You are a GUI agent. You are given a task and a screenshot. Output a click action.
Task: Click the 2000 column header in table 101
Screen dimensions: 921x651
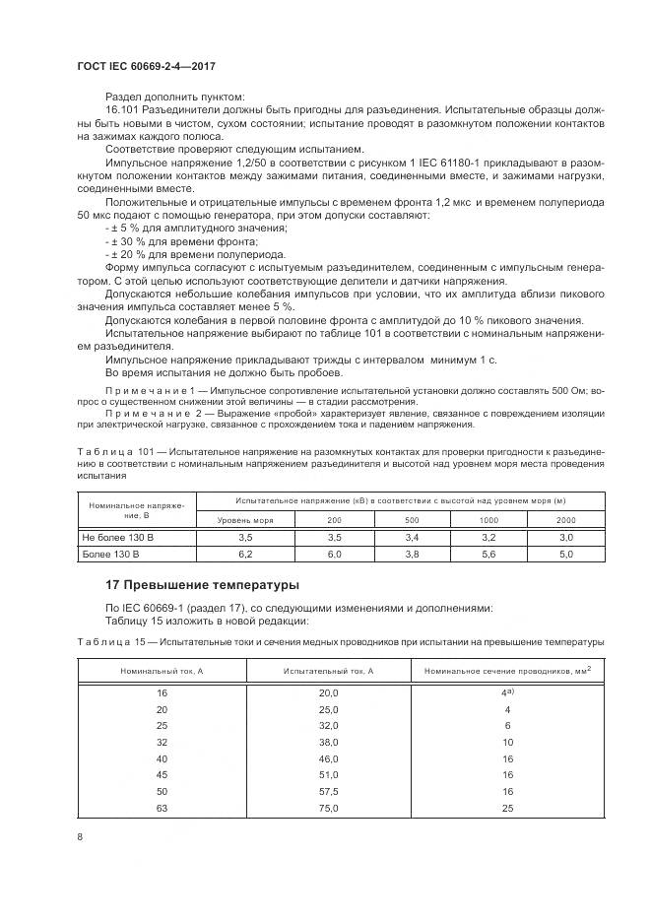(x=565, y=518)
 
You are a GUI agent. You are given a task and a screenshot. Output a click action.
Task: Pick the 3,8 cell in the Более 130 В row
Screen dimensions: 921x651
(x=412, y=555)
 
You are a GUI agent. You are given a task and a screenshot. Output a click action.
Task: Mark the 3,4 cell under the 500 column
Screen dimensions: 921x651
(x=412, y=537)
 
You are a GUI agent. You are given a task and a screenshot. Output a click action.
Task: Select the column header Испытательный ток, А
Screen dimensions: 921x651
(x=328, y=670)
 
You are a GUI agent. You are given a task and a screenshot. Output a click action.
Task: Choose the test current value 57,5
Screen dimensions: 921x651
(x=328, y=791)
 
